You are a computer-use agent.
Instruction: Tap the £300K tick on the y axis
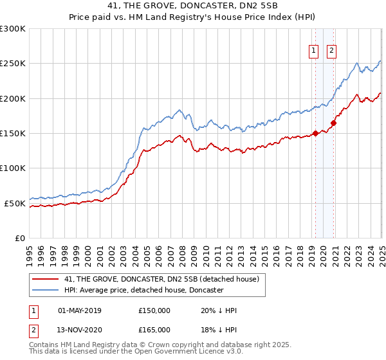tap(13, 29)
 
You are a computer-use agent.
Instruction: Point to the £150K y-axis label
tap(13, 134)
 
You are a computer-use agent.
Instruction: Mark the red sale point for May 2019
tap(315, 134)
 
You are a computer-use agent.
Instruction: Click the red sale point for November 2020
tap(334, 123)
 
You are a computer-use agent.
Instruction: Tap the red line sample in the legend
tap(45, 280)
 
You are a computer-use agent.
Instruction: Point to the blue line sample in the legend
tap(45, 291)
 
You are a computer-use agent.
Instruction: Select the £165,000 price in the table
tap(154, 330)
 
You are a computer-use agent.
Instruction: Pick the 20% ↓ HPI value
tap(219, 310)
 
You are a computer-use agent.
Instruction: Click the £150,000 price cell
tap(154, 310)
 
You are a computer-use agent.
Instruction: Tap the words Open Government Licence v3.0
tap(186, 352)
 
